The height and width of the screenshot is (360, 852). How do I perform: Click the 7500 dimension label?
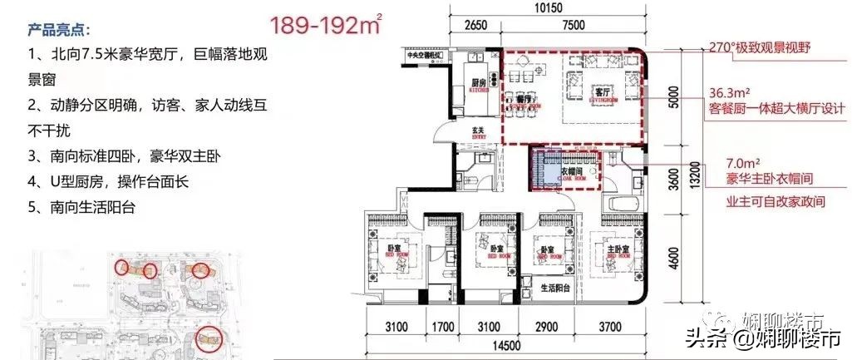pyautogui.click(x=573, y=25)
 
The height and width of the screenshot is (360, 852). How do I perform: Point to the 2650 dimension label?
pyautogui.click(x=474, y=25)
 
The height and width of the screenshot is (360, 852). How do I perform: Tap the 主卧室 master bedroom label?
pyautogui.click(x=613, y=249)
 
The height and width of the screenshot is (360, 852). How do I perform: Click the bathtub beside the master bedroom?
pyautogui.click(x=623, y=204)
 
